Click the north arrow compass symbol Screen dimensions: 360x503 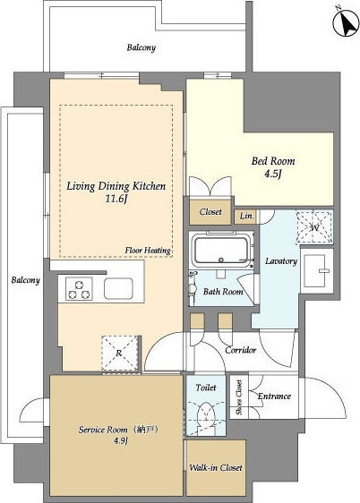346,23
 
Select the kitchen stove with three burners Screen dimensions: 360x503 79,289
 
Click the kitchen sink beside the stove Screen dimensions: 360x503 118,289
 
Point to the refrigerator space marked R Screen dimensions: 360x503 120,354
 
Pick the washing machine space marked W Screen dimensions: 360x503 314,227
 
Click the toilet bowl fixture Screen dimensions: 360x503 206,414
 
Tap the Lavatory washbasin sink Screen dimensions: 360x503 316,270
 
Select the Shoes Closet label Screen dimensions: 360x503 239,397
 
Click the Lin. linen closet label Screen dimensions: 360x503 247,216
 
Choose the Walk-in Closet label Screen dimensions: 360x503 216,468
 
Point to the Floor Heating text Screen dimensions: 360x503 148,251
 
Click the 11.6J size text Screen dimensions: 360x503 116,200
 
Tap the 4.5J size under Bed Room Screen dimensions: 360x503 273,174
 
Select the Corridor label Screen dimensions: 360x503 241,350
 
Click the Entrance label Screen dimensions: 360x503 274,396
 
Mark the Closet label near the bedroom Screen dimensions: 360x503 210,212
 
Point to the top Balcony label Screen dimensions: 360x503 141,47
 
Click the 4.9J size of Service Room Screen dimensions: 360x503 121,441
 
